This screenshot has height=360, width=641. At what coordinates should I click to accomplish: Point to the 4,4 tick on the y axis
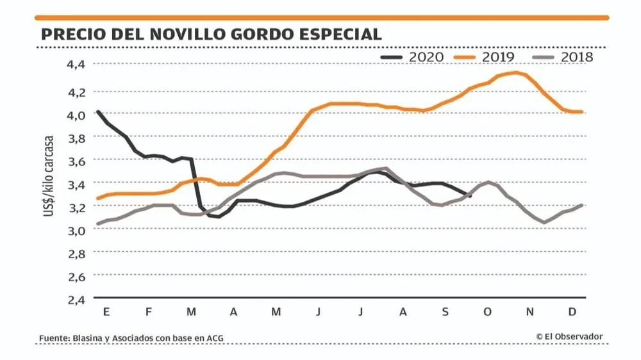76,64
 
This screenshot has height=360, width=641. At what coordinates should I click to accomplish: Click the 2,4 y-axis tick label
76,299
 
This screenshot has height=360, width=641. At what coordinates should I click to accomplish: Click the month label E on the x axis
106,311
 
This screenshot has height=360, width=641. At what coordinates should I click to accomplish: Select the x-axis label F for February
149,311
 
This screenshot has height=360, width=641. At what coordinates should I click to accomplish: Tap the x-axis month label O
488,311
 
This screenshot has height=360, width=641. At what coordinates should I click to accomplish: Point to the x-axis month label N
530,311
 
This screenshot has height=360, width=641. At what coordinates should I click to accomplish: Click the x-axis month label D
572,311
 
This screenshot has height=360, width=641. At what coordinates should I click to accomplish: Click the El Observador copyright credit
569,336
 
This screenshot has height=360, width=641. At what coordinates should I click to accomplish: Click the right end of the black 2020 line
470,195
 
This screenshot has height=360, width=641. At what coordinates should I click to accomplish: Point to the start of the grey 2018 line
97,224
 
